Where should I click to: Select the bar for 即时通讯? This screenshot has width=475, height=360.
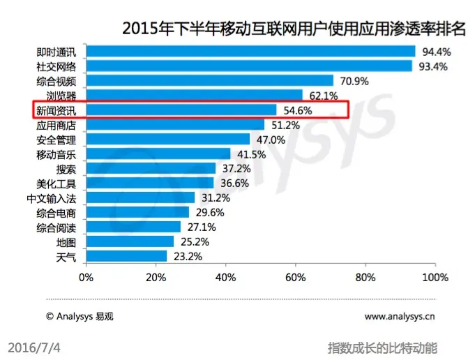(x=250, y=52)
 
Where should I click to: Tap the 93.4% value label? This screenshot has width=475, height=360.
(x=431, y=66)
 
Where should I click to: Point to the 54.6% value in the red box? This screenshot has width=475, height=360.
(x=298, y=110)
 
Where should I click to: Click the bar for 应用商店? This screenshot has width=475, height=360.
(x=175, y=125)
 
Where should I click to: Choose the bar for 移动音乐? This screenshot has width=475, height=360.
(x=158, y=154)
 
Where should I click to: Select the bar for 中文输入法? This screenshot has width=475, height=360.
(x=140, y=198)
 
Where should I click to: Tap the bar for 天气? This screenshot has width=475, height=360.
(x=126, y=256)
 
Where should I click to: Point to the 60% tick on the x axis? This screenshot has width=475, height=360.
(x=296, y=277)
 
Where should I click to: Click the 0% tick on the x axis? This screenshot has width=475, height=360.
(x=86, y=277)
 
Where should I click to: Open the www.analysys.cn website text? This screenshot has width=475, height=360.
(x=400, y=316)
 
